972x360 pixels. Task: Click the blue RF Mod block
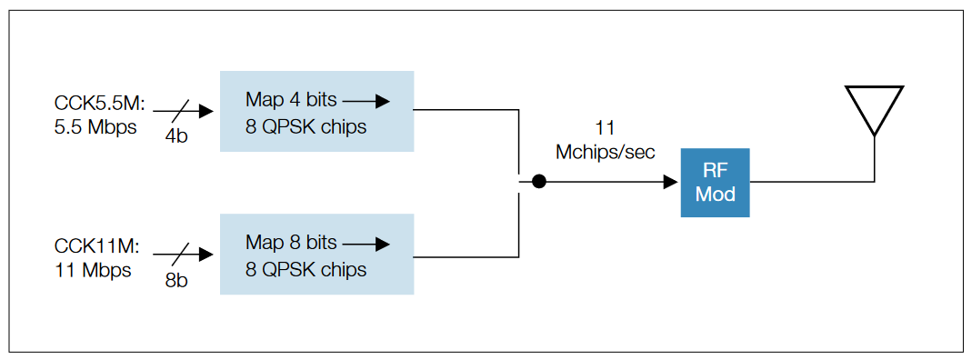click(715, 182)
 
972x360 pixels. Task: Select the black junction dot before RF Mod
click(539, 182)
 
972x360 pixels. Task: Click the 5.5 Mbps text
click(95, 127)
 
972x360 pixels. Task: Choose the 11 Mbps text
click(92, 271)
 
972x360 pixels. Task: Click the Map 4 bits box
click(316, 111)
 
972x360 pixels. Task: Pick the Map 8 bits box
click(316, 255)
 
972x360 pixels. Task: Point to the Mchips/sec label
click(605, 152)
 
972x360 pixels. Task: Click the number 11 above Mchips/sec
click(605, 127)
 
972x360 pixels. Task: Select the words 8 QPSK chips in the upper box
click(306, 126)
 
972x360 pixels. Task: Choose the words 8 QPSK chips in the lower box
click(306, 270)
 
